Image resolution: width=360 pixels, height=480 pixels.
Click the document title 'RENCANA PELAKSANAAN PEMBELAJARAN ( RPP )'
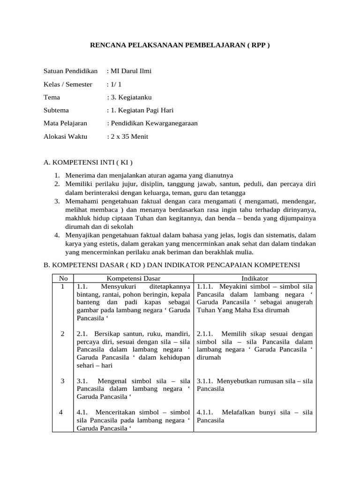(180, 45)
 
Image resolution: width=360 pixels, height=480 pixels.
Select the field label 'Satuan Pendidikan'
(70, 71)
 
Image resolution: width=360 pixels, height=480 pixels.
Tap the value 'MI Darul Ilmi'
(131, 71)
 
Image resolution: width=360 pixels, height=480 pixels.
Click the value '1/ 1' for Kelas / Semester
(116, 84)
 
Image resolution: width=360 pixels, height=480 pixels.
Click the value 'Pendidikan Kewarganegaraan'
(154, 123)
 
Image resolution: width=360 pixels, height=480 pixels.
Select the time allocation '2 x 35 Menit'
(129, 136)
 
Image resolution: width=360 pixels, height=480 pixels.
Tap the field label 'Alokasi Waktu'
(64, 136)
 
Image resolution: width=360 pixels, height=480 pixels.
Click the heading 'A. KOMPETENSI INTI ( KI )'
(88, 163)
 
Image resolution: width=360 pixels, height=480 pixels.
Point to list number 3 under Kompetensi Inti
(56, 201)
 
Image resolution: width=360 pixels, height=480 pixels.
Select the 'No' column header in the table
(62, 278)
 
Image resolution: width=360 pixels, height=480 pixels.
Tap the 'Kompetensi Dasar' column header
(133, 278)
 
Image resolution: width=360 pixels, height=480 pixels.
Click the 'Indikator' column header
(255, 278)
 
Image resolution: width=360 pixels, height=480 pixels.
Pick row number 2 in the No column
(62, 334)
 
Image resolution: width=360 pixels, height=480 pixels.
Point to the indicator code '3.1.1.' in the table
(205, 381)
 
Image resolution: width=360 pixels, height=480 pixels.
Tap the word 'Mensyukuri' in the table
(118, 286)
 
